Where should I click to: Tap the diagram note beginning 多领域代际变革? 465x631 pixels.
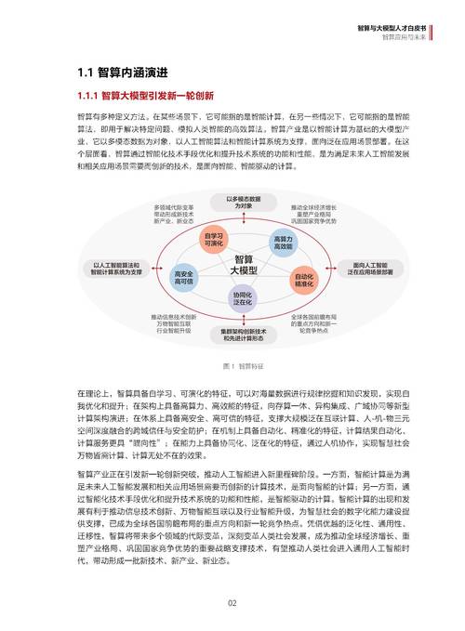click(174, 213)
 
